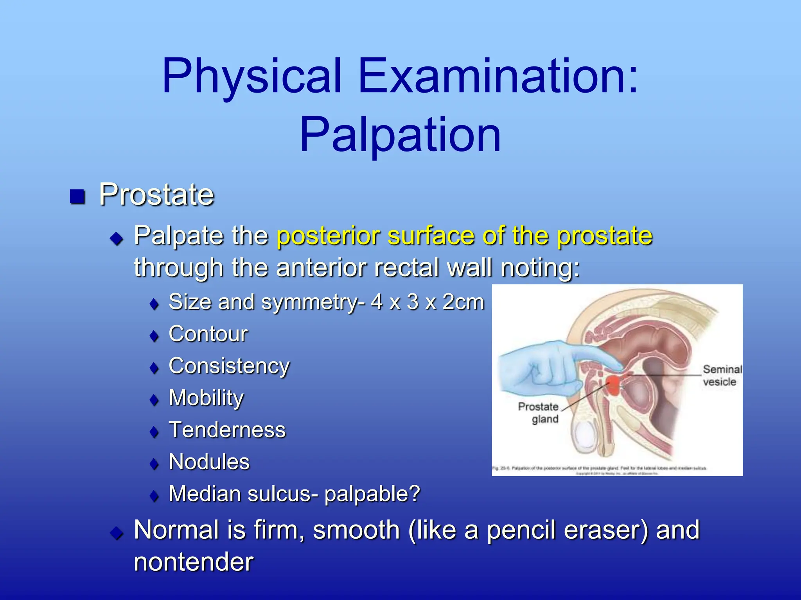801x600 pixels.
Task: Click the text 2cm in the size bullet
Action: [x=463, y=302]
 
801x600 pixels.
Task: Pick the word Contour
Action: [x=208, y=334]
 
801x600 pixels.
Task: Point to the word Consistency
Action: [x=229, y=366]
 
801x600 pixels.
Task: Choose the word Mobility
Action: [x=206, y=398]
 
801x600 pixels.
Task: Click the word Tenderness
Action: [x=227, y=430]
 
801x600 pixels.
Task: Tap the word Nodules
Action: [x=209, y=462]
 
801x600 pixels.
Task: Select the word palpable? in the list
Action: [x=372, y=494]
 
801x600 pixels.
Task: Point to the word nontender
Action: [x=194, y=562]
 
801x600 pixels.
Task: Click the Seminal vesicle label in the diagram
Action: [x=722, y=375]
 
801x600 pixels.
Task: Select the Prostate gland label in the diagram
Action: [x=539, y=413]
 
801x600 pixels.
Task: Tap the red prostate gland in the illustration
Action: [x=613, y=385]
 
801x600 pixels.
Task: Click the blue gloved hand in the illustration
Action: [x=540, y=367]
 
